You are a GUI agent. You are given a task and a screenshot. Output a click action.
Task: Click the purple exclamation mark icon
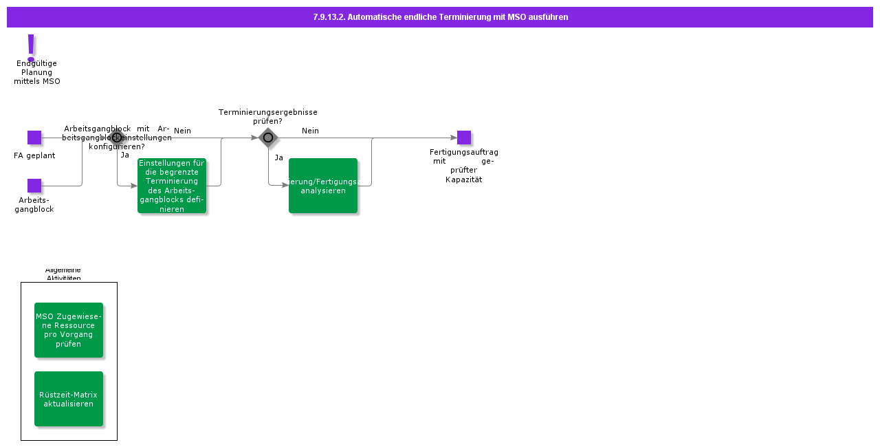pyautogui.click(x=30, y=47)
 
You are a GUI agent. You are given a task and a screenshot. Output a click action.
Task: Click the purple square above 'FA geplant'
pyautogui.click(x=34, y=138)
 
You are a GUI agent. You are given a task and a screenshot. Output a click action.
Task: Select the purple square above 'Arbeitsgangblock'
pyautogui.click(x=34, y=186)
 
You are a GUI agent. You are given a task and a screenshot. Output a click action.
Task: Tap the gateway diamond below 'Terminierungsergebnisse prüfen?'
pyautogui.click(x=268, y=138)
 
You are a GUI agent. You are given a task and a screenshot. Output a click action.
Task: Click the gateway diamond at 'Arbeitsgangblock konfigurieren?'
pyautogui.click(x=117, y=138)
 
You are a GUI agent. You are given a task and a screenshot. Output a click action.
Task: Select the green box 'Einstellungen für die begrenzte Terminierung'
pyautogui.click(x=172, y=186)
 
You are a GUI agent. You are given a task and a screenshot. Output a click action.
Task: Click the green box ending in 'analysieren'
pyautogui.click(x=323, y=186)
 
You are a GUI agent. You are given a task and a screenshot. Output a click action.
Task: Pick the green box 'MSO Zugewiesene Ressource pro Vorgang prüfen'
pyautogui.click(x=69, y=330)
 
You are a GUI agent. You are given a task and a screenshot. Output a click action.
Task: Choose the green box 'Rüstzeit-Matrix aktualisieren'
pyautogui.click(x=69, y=399)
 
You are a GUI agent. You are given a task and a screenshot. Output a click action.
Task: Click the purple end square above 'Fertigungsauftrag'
pyautogui.click(x=464, y=138)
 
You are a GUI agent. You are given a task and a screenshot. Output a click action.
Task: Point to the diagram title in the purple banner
pyautogui.click(x=440, y=17)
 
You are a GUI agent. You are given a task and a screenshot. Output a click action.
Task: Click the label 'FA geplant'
pyautogui.click(x=34, y=155)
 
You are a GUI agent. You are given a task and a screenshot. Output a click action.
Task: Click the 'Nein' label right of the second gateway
pyautogui.click(x=310, y=131)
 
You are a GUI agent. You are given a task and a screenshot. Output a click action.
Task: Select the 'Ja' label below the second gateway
pyautogui.click(x=278, y=157)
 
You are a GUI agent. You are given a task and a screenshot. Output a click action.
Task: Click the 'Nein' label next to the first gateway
pyautogui.click(x=182, y=131)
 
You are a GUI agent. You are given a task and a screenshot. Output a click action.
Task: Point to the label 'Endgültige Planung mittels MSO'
pyautogui.click(x=37, y=72)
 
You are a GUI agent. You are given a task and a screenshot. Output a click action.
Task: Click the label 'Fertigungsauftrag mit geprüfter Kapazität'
pyautogui.click(x=464, y=166)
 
